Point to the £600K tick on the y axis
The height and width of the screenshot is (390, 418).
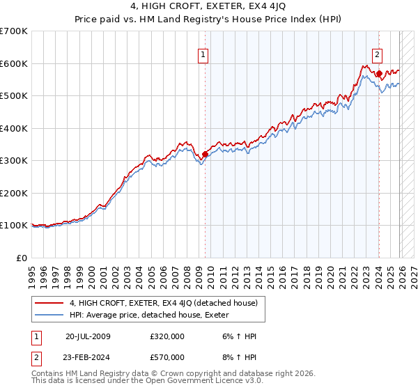(x=15, y=63)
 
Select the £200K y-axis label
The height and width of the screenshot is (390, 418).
(x=15, y=193)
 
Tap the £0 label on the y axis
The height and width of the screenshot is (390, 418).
(x=22, y=258)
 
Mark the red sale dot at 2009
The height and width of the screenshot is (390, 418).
(x=205, y=155)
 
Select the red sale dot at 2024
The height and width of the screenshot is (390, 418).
(x=378, y=73)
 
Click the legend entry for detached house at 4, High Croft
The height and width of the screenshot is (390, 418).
(x=164, y=303)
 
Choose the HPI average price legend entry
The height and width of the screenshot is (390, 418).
(x=153, y=315)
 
